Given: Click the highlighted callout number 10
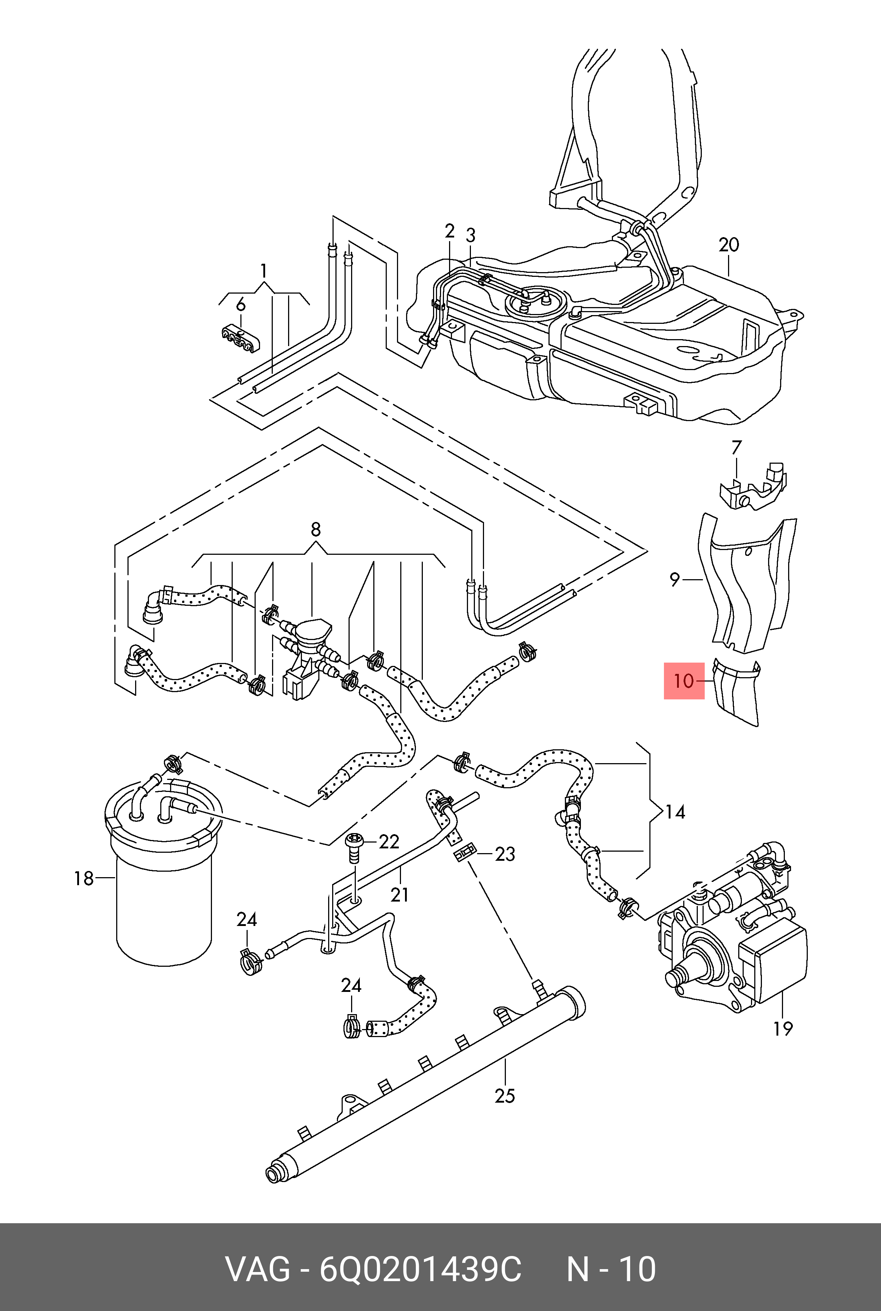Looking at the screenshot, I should pyautogui.click(x=684, y=681).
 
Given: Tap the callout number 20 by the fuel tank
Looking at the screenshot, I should pyautogui.click(x=729, y=245).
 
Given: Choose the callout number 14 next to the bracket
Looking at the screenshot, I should pyautogui.click(x=675, y=812).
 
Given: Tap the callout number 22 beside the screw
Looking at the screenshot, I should pyautogui.click(x=389, y=841).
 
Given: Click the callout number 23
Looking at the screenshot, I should pyautogui.click(x=504, y=854).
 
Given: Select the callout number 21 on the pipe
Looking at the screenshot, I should pyautogui.click(x=400, y=894).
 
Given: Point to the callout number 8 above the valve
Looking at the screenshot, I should pyautogui.click(x=316, y=529).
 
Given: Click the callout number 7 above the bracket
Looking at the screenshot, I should pyautogui.click(x=736, y=447).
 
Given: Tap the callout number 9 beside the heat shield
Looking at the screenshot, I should pyautogui.click(x=675, y=579).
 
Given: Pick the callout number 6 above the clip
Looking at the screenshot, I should pyautogui.click(x=240, y=304).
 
